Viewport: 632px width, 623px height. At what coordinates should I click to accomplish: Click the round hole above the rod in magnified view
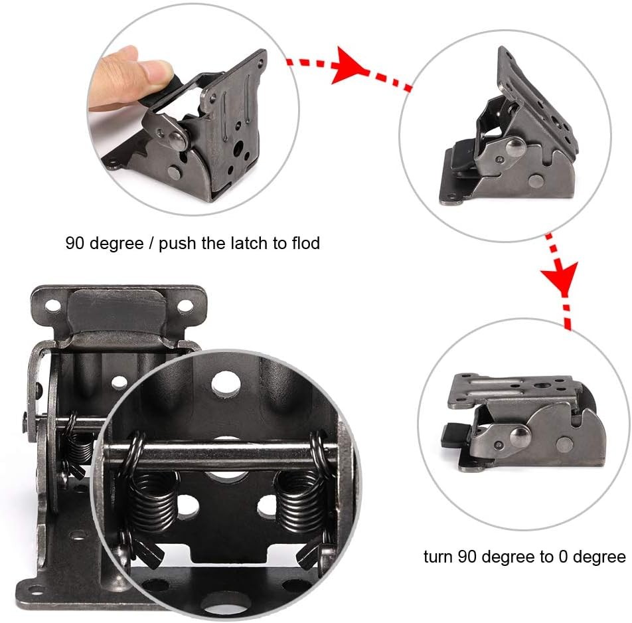point(226,383)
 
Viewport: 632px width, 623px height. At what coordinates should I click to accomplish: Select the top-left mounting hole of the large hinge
point(53,306)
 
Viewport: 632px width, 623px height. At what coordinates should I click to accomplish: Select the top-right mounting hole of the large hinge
point(185,306)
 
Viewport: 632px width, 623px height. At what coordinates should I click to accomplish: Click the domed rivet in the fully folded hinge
point(520,436)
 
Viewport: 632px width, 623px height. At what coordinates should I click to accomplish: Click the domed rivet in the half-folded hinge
point(514,147)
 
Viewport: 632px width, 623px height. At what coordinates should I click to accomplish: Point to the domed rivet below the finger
point(177,139)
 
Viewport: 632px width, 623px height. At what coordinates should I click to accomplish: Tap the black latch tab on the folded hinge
point(455,434)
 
